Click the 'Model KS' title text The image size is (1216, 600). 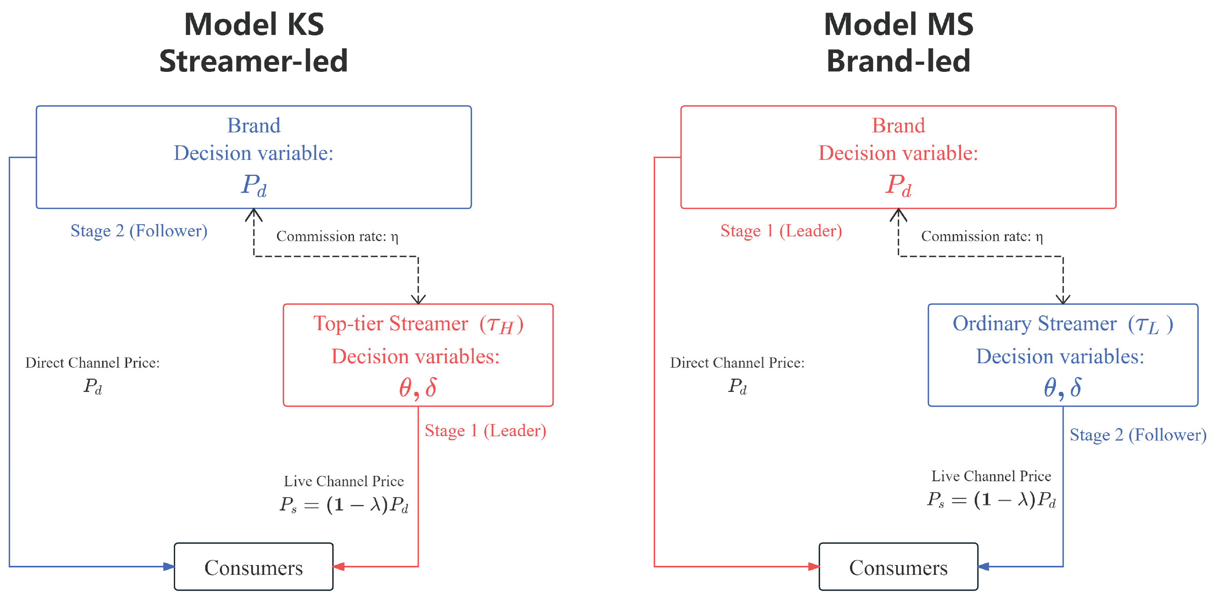click(x=253, y=25)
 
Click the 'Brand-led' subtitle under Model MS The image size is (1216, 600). click(x=898, y=61)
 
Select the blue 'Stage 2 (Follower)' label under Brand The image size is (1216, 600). click(x=139, y=231)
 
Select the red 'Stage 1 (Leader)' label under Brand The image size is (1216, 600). click(x=781, y=231)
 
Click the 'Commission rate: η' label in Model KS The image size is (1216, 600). click(x=337, y=236)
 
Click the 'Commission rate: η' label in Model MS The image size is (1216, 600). click(x=982, y=236)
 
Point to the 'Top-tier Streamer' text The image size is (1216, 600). click(x=391, y=324)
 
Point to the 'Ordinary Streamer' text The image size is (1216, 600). click(x=1034, y=324)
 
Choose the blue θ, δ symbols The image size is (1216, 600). click(x=1062, y=388)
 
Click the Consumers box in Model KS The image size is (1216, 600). click(x=253, y=567)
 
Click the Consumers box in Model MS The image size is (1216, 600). click(x=898, y=567)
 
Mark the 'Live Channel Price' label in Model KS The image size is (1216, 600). click(x=344, y=481)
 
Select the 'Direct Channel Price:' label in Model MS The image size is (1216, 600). click(x=737, y=363)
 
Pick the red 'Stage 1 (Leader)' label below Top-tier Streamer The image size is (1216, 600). click(x=485, y=431)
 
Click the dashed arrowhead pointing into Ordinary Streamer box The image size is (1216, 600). click(x=1063, y=300)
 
